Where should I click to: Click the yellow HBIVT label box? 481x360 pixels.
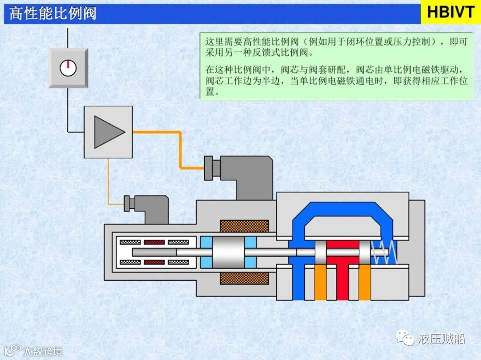point(450,12)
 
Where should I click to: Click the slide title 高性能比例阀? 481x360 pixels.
point(53,13)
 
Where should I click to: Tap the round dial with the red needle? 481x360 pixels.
point(68,68)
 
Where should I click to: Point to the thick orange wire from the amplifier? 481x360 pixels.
point(180,147)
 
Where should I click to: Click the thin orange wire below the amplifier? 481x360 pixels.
point(108,182)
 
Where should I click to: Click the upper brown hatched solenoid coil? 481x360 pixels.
point(244,226)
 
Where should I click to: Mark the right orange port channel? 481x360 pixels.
point(365,283)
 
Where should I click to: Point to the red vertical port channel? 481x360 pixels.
point(342,280)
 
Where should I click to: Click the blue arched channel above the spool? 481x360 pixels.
point(342,209)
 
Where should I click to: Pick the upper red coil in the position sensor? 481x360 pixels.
point(154,242)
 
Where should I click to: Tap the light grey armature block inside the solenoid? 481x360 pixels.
point(228,252)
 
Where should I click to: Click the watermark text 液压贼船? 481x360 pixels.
point(441,339)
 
